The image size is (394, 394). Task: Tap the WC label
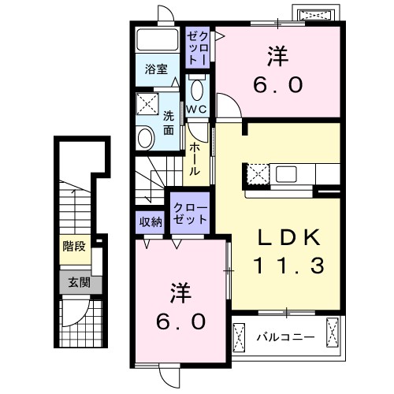[196, 109]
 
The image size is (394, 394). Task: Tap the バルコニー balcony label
[285, 338]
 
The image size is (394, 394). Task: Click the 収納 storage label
[151, 221]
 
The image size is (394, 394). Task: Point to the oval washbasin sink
[146, 139]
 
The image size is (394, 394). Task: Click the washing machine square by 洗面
[147, 105]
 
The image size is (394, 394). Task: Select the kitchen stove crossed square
[258, 173]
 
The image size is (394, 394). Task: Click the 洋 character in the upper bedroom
[277, 57]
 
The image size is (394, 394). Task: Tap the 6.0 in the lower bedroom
[180, 321]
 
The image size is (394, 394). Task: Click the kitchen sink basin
[285, 173]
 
